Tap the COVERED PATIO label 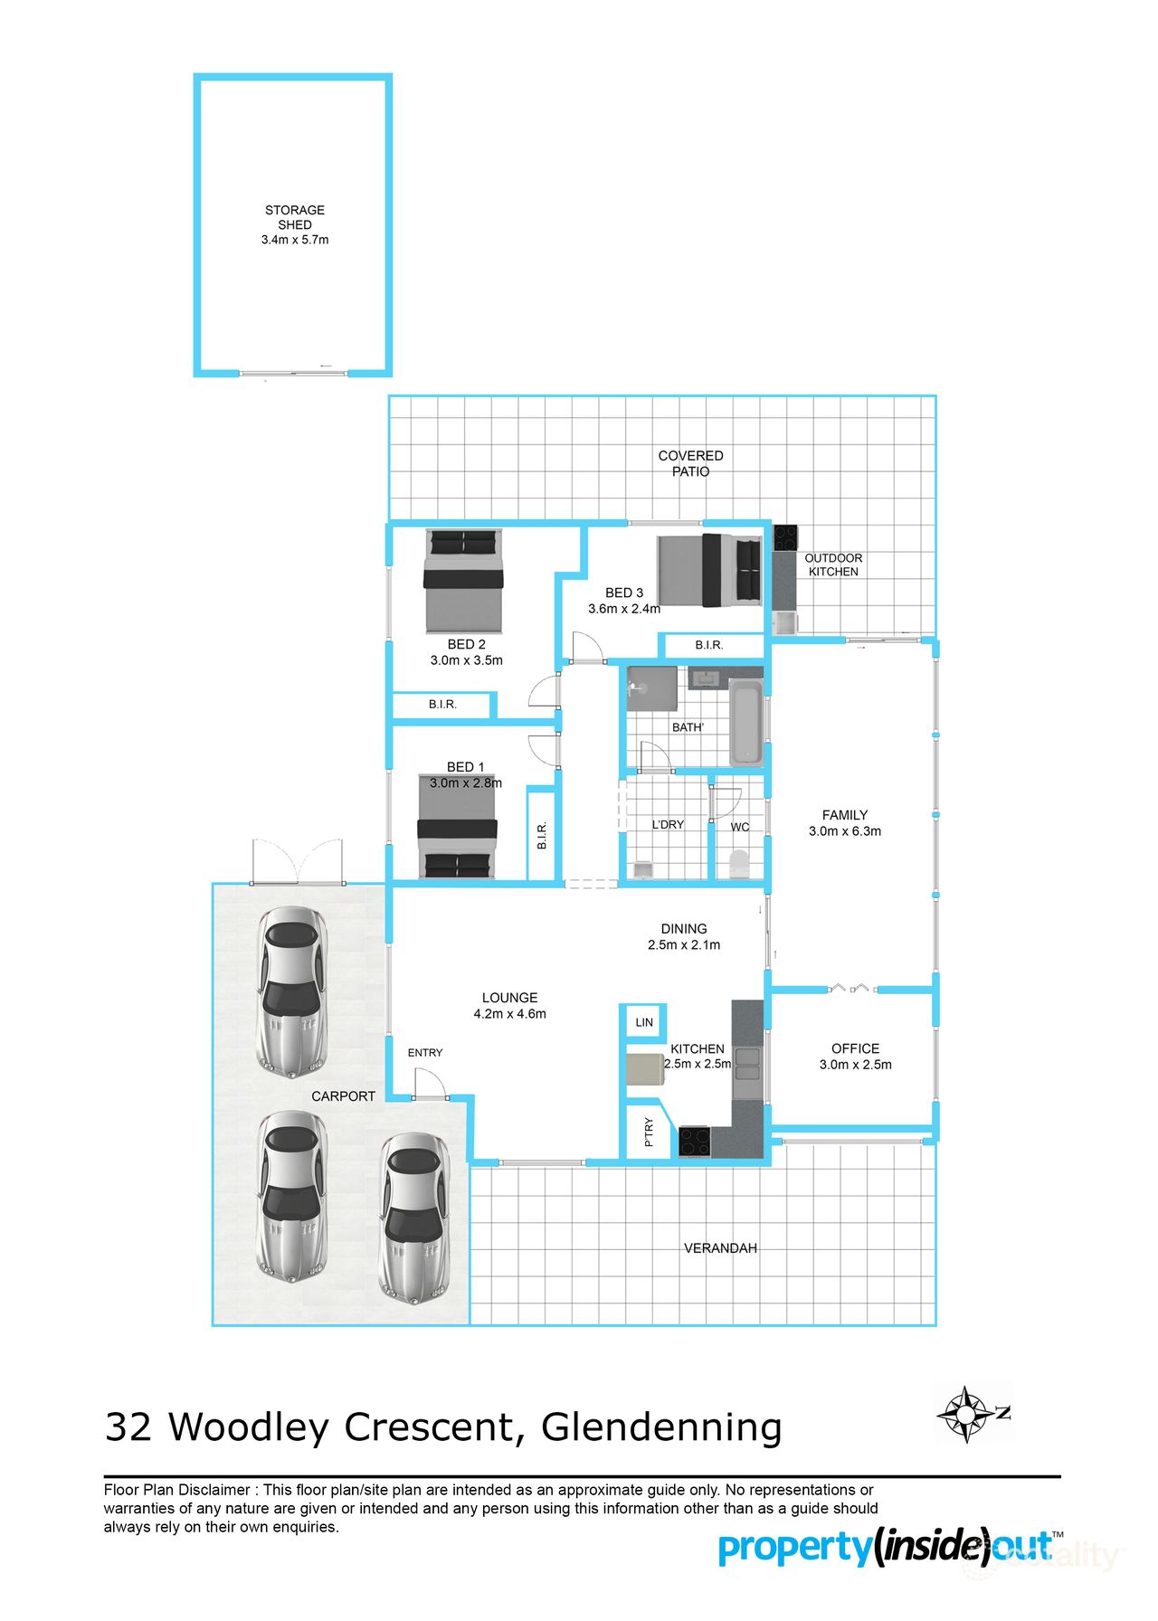pos(690,463)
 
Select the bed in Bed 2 pos(463,582)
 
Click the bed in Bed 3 pos(709,570)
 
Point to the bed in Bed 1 pos(457,825)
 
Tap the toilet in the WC pos(739,864)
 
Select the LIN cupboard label pos(644,1022)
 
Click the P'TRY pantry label pos(649,1132)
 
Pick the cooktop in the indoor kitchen pos(695,1142)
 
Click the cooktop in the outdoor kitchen pos(784,538)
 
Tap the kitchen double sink pos(747,1065)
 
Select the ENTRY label pos(425,1053)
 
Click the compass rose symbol pos(967,1414)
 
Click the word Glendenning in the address pos(661,1427)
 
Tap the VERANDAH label pos(720,1248)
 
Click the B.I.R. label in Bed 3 pos(709,645)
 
